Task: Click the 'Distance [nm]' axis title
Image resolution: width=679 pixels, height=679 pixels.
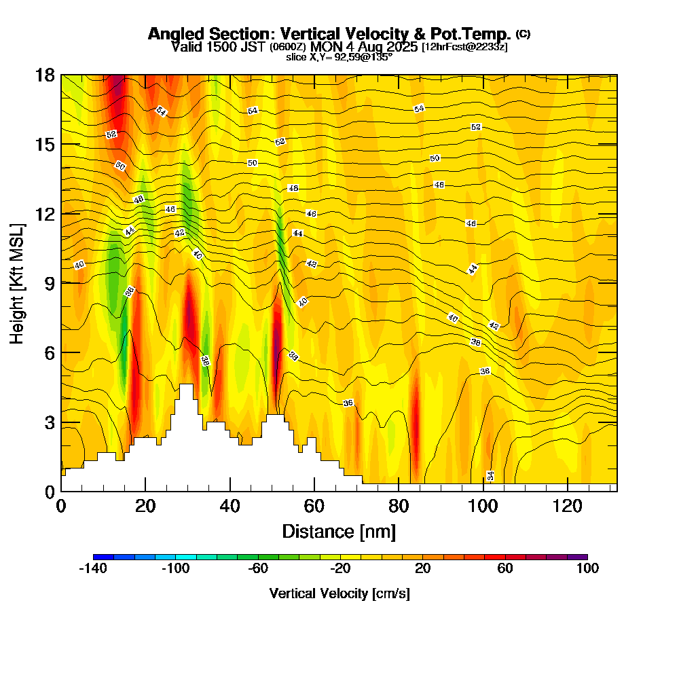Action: (x=339, y=531)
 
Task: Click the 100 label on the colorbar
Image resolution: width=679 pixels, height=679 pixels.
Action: (x=587, y=569)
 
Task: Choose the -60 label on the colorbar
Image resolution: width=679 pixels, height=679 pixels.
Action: (x=258, y=569)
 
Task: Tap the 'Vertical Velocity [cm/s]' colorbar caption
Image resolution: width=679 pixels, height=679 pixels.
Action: (x=339, y=593)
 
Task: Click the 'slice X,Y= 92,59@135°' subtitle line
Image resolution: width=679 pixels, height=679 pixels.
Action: (x=339, y=57)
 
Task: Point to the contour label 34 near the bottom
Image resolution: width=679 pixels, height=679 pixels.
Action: (x=490, y=475)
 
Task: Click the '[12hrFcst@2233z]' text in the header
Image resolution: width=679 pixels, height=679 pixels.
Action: (x=464, y=47)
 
